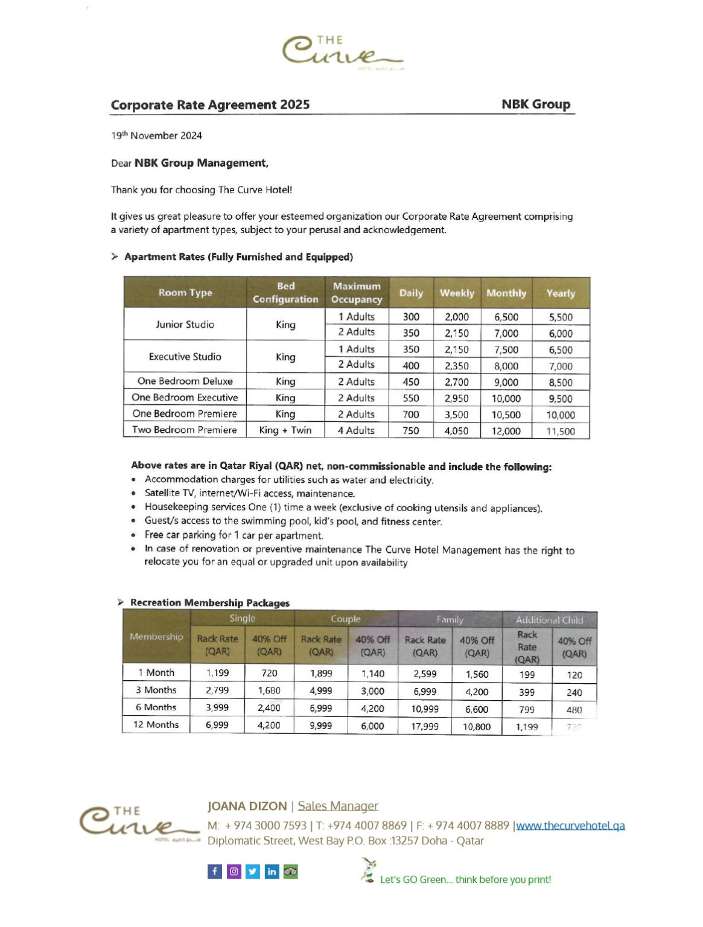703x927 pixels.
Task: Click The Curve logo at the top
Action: tap(342, 52)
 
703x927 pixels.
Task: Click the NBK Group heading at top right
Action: tap(535, 104)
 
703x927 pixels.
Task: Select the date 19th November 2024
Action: tap(156, 136)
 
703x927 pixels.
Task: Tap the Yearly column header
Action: tap(560, 293)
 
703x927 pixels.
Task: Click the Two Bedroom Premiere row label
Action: tap(185, 430)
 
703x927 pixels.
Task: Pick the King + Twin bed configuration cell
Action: tap(285, 430)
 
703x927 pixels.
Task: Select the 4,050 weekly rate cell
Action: tap(456, 431)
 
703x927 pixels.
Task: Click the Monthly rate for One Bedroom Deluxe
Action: tap(506, 382)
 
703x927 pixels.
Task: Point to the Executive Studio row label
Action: tap(185, 357)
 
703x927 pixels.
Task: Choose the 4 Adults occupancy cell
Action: tap(356, 430)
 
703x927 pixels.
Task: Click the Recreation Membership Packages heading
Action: tap(209, 602)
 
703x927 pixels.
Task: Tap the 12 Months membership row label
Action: tap(156, 725)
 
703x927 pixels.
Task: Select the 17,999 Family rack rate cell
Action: tap(425, 726)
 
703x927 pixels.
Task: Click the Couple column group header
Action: tap(345, 619)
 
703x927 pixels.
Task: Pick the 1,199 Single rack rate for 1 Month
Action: tap(217, 673)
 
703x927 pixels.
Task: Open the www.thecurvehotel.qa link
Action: tap(570, 826)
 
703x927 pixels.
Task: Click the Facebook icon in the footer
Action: tap(215, 871)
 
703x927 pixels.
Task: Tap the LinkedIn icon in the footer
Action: tap(272, 871)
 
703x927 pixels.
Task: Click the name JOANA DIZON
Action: tap(247, 806)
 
